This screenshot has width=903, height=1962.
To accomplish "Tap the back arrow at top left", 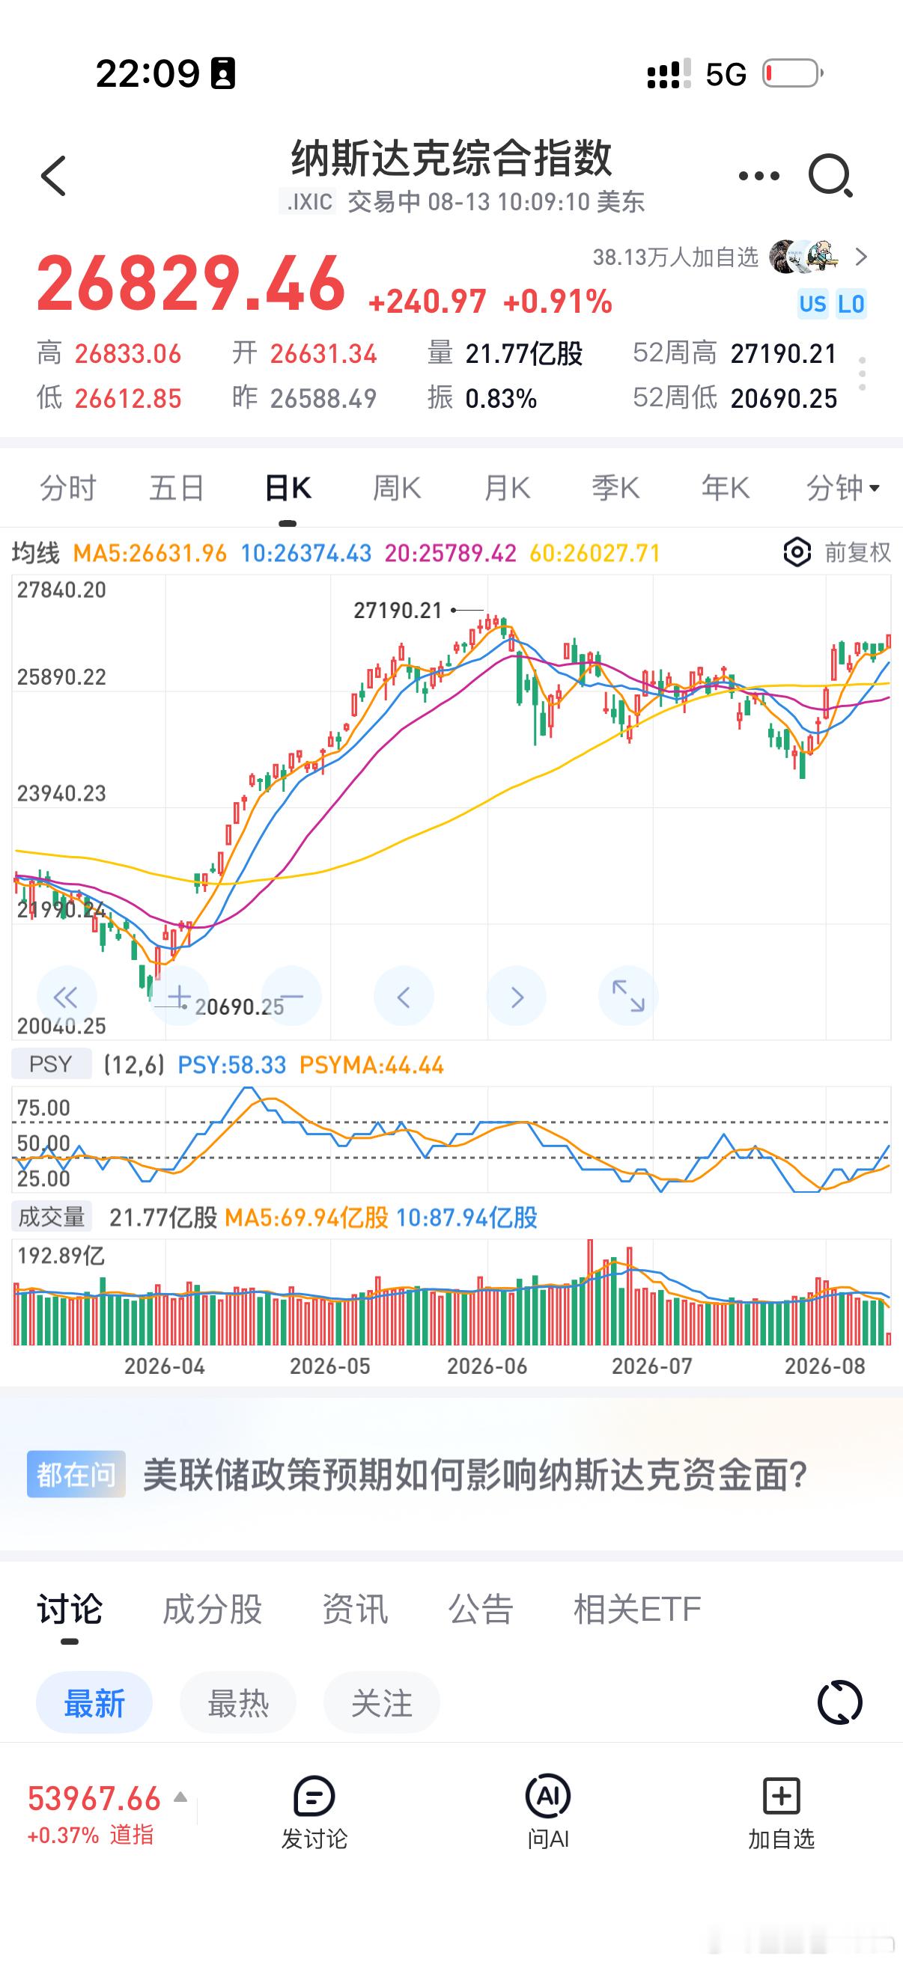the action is click(x=53, y=176).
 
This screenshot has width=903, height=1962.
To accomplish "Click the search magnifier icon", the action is click(x=830, y=176).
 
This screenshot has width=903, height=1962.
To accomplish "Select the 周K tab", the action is click(x=396, y=487).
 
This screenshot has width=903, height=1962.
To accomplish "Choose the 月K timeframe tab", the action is click(x=507, y=487).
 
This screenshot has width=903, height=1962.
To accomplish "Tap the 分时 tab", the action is click(x=68, y=487).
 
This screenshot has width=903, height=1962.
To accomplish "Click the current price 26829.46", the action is click(x=191, y=284).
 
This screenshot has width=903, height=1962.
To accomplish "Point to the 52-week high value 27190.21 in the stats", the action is click(x=783, y=353).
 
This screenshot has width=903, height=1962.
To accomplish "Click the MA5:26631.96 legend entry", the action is click(x=150, y=553).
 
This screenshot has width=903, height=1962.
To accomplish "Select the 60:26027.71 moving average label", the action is click(x=595, y=553).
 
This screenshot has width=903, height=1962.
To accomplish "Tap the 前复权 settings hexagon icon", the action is click(x=797, y=552).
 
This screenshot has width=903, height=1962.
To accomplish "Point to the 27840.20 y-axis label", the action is click(x=61, y=590).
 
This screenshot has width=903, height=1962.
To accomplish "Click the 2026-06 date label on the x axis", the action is click(x=487, y=1366).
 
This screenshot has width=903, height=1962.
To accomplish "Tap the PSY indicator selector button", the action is click(x=51, y=1064).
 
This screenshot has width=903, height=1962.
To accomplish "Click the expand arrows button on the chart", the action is click(x=628, y=996).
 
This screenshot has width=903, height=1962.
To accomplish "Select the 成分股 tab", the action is click(x=213, y=1608).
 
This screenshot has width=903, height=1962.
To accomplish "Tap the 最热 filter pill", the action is click(x=238, y=1702).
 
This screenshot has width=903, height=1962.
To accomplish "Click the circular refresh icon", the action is click(x=840, y=1702).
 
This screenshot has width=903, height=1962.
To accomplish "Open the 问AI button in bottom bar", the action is click(x=548, y=1812).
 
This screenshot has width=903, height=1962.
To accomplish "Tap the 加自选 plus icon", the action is click(x=781, y=1795).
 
